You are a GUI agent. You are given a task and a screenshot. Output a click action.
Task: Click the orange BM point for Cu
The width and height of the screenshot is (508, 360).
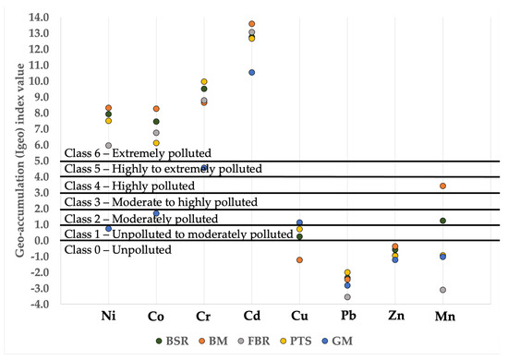[299, 259]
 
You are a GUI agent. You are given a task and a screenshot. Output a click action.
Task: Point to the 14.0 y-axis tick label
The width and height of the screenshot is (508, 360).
[38, 18]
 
